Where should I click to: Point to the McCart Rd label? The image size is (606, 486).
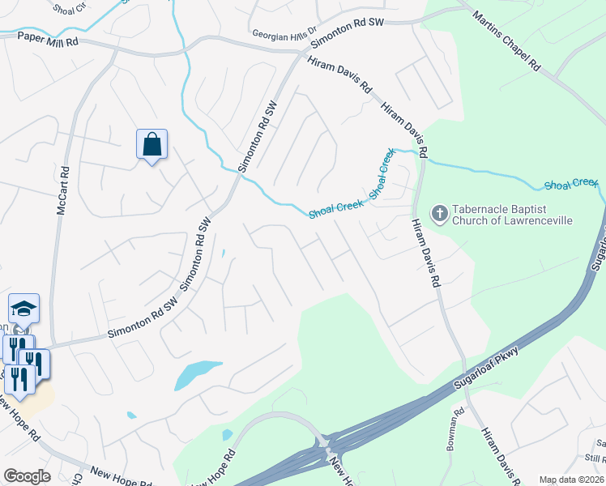click(x=62, y=192)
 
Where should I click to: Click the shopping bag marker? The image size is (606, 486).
click(x=151, y=146)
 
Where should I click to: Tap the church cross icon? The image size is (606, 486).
click(x=440, y=213)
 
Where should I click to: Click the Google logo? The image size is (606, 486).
click(x=27, y=476)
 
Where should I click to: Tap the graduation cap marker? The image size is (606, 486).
click(x=23, y=309)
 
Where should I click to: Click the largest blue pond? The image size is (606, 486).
click(x=198, y=374)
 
